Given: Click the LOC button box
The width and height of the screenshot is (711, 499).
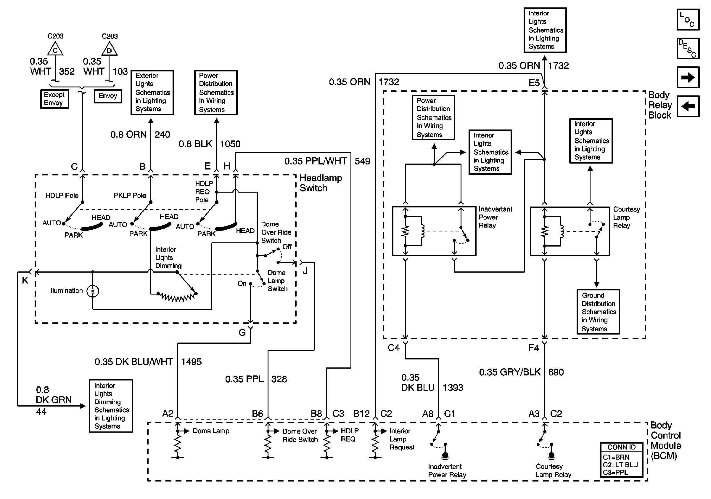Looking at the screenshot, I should coord(688,20).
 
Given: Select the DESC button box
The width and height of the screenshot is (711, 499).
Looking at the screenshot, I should coord(688,48).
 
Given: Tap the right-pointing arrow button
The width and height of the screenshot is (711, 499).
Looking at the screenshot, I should coord(688,77).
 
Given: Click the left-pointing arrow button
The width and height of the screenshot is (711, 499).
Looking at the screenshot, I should coord(688,106).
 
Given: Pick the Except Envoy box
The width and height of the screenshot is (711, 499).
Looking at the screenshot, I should coord(54,99).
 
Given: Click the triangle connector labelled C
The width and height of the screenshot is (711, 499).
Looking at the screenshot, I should coord(55,49).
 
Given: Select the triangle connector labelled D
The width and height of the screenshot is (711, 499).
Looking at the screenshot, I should coord(109,49).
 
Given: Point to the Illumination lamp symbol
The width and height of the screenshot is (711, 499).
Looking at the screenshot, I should coord(93,291).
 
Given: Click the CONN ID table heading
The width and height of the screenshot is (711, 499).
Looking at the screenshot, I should coord(621,447).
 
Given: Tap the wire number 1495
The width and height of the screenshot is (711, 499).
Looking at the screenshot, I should coord(191,362).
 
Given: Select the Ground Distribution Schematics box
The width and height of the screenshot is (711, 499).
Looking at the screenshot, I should coord(598,312).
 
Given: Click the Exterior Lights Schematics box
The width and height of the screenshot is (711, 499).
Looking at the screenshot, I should coord(152,92).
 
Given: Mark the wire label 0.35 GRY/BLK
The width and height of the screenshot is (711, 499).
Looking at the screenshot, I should coord(510,372).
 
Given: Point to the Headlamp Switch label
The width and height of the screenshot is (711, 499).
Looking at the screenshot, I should coord(321,183).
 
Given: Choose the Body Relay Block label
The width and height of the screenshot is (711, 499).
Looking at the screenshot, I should coord(660,105).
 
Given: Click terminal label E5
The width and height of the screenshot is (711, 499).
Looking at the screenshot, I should coord(534,83).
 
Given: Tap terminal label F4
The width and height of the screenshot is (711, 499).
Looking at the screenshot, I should coord(533,348).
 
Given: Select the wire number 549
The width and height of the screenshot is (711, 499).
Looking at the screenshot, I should coord(362,161).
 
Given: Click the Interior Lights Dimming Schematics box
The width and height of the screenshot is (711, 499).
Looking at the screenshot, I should coord(111,406).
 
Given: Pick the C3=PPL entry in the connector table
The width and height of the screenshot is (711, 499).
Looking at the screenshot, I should coord(615,472).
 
